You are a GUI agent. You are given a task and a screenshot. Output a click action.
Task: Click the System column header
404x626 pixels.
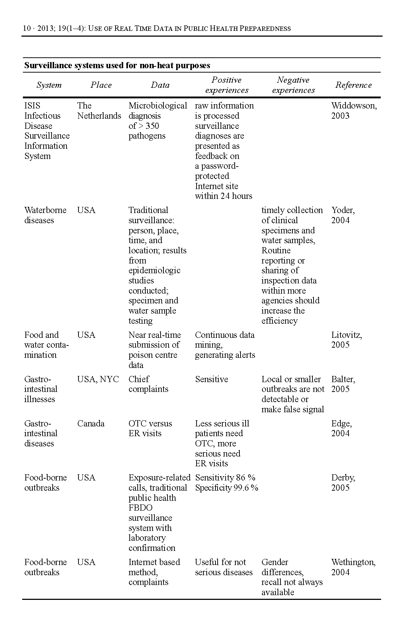(x=49, y=85)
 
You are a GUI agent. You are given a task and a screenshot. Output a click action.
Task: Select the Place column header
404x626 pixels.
(x=101, y=85)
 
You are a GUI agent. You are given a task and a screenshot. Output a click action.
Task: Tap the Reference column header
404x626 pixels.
(x=353, y=85)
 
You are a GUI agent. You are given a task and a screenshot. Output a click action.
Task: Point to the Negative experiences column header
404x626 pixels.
(x=293, y=85)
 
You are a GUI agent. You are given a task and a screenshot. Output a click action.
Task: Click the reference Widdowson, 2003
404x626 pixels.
(x=354, y=111)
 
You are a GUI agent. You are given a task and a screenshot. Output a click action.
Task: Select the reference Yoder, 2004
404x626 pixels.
(x=343, y=215)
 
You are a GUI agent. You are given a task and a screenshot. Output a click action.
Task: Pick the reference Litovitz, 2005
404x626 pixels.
(x=346, y=340)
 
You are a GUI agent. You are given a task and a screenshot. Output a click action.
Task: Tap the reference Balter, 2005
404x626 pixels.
(x=343, y=384)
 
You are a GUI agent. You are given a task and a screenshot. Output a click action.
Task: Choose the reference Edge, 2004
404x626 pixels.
(x=342, y=429)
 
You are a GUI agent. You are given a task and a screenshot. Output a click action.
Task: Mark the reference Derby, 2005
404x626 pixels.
(x=343, y=483)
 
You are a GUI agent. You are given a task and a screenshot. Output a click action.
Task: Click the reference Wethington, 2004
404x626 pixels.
(x=353, y=567)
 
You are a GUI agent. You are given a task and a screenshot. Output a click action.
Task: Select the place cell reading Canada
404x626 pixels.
(x=91, y=424)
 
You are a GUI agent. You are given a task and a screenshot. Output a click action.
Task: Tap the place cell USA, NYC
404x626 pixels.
(x=98, y=379)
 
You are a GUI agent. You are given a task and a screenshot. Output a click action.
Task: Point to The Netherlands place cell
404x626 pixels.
(x=99, y=111)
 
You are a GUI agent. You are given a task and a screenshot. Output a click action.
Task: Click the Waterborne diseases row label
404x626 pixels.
(x=45, y=215)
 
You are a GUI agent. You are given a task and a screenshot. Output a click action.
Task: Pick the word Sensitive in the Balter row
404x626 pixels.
(x=211, y=379)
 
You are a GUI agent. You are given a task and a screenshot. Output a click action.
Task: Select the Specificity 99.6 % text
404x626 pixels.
(x=226, y=488)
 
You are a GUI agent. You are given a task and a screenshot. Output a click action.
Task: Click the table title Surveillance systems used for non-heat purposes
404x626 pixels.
(x=117, y=66)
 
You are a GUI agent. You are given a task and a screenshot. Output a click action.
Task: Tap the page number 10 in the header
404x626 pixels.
(x=27, y=29)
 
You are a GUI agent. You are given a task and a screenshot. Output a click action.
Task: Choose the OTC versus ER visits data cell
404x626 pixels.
(x=150, y=429)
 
